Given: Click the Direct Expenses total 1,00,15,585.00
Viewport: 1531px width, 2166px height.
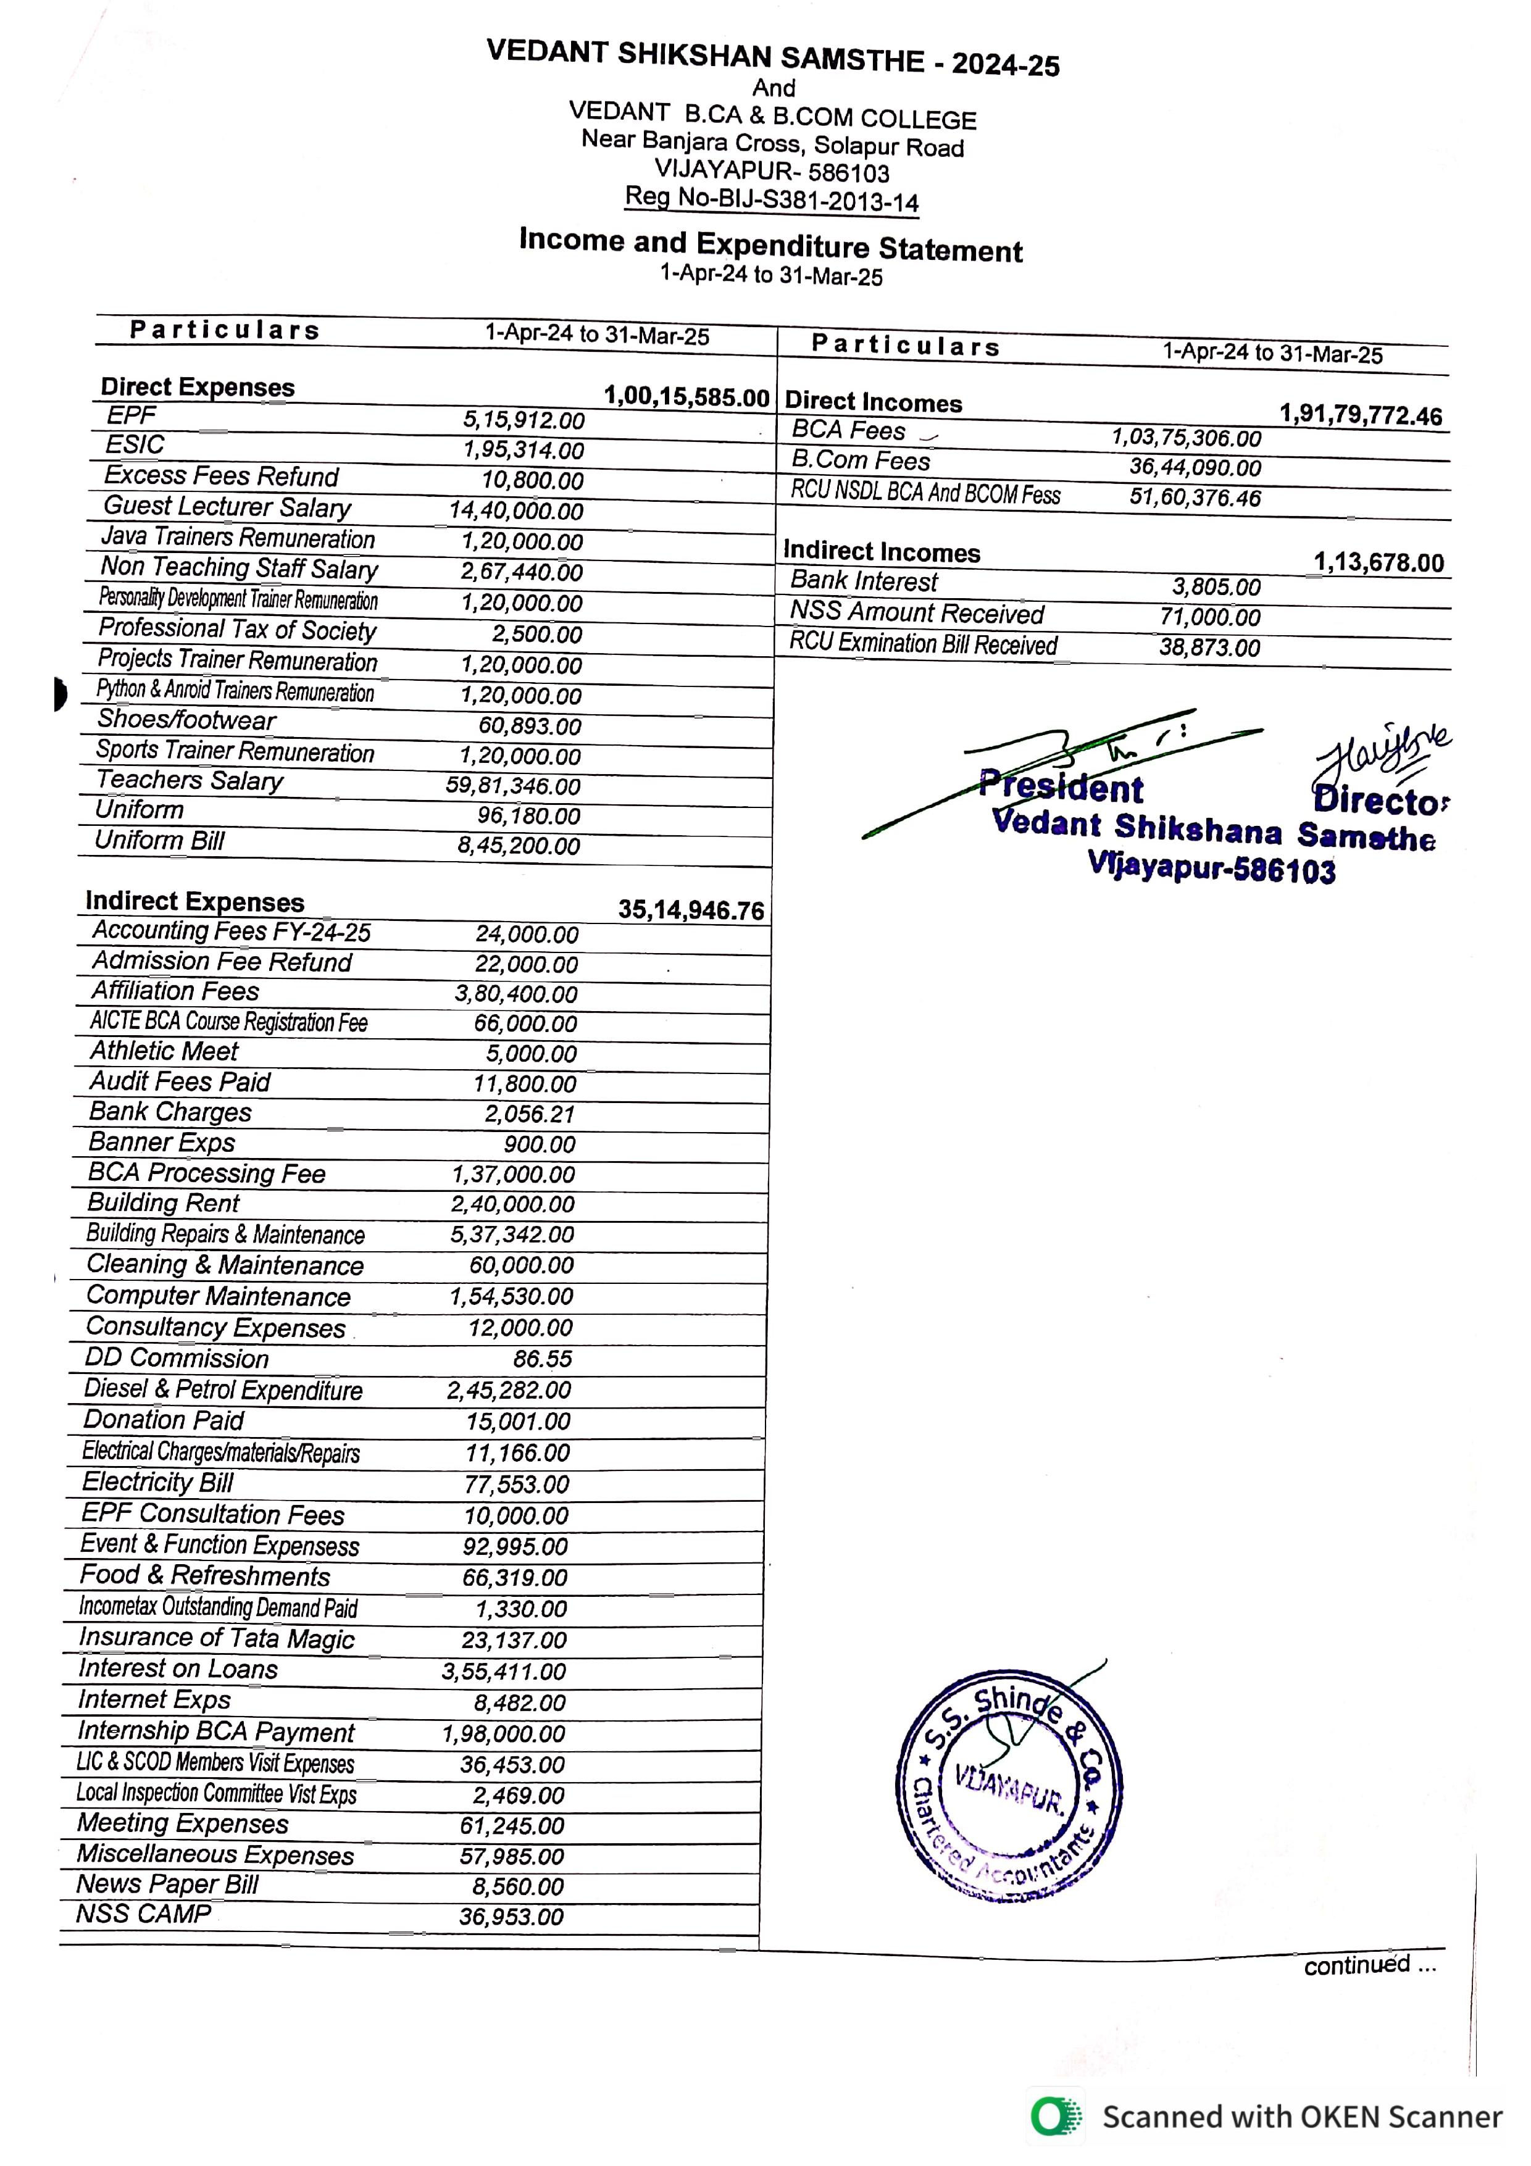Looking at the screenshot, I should (x=686, y=397).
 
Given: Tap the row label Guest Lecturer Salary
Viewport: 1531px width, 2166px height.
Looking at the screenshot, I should (x=227, y=507).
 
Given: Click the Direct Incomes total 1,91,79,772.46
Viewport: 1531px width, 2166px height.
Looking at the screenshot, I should (x=1360, y=415).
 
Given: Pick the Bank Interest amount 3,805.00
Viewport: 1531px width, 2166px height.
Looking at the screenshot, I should (x=1216, y=587).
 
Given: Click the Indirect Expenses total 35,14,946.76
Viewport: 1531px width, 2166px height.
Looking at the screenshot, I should (x=691, y=910).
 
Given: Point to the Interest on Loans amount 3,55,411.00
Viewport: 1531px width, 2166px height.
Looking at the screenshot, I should (x=504, y=1672).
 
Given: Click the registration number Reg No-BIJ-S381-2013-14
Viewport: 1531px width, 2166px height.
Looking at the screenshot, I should (x=772, y=199).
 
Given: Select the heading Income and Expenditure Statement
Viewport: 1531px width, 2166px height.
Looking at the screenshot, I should (x=770, y=245).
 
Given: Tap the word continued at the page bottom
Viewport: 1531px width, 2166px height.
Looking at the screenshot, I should (x=1356, y=1965).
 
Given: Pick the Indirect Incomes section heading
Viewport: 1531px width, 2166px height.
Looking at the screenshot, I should (x=881, y=552).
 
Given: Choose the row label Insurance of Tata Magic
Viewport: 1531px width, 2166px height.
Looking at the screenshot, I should (x=216, y=1639).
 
